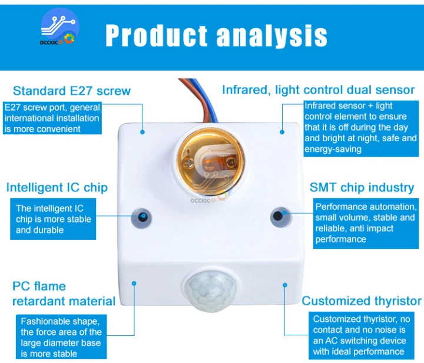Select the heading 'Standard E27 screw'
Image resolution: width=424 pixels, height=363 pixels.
(72, 91)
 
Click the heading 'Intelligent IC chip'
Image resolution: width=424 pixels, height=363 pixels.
(57, 188)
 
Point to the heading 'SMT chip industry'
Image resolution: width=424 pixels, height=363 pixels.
(362, 188)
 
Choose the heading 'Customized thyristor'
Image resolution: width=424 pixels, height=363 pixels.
(362, 301)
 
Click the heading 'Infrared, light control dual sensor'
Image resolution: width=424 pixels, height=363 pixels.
(318, 90)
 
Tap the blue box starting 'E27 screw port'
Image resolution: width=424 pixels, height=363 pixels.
(52, 118)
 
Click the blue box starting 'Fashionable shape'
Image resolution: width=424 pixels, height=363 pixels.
(61, 338)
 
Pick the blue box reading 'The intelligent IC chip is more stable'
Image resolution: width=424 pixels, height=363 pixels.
(54, 219)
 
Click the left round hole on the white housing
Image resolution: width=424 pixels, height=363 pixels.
(142, 215)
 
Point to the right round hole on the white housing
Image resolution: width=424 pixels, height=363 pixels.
(278, 215)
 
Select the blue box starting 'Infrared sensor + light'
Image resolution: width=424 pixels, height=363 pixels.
(360, 128)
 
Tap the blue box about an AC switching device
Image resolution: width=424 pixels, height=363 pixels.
(359, 335)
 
